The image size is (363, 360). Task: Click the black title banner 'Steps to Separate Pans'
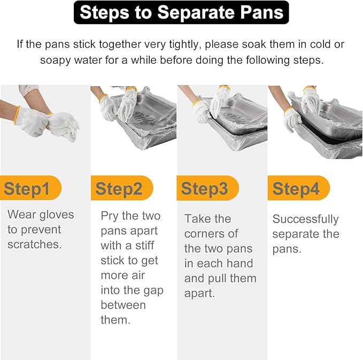click(x=181, y=12)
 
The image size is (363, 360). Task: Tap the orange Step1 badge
click(x=30, y=188)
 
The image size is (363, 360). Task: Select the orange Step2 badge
click(x=122, y=188)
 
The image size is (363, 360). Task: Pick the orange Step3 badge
click(x=207, y=188)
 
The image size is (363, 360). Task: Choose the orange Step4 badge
click(x=299, y=188)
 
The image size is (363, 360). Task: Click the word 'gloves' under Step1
click(x=57, y=215)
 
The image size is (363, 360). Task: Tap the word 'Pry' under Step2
click(x=110, y=216)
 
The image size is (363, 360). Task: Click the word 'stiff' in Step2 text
click(x=145, y=246)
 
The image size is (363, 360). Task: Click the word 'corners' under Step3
click(x=204, y=234)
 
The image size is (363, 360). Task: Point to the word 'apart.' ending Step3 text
click(x=199, y=294)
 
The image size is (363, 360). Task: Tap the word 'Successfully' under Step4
click(x=306, y=219)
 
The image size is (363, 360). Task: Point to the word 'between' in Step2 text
click(x=123, y=305)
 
